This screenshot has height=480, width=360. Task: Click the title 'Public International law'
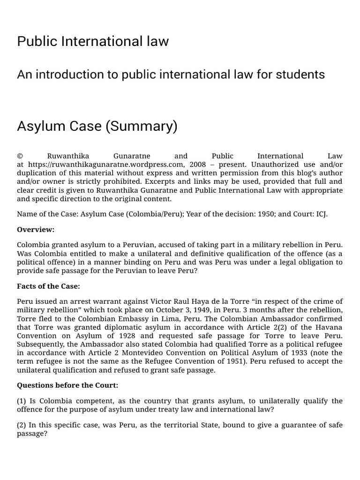tap(93, 42)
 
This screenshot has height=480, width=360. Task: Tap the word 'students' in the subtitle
tap(301, 75)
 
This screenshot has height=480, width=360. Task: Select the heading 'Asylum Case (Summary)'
tap(97, 127)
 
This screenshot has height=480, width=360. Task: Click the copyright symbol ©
tap(20, 156)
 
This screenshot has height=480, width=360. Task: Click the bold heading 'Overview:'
tap(36, 230)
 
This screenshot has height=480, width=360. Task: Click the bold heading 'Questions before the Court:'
tap(67, 385)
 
